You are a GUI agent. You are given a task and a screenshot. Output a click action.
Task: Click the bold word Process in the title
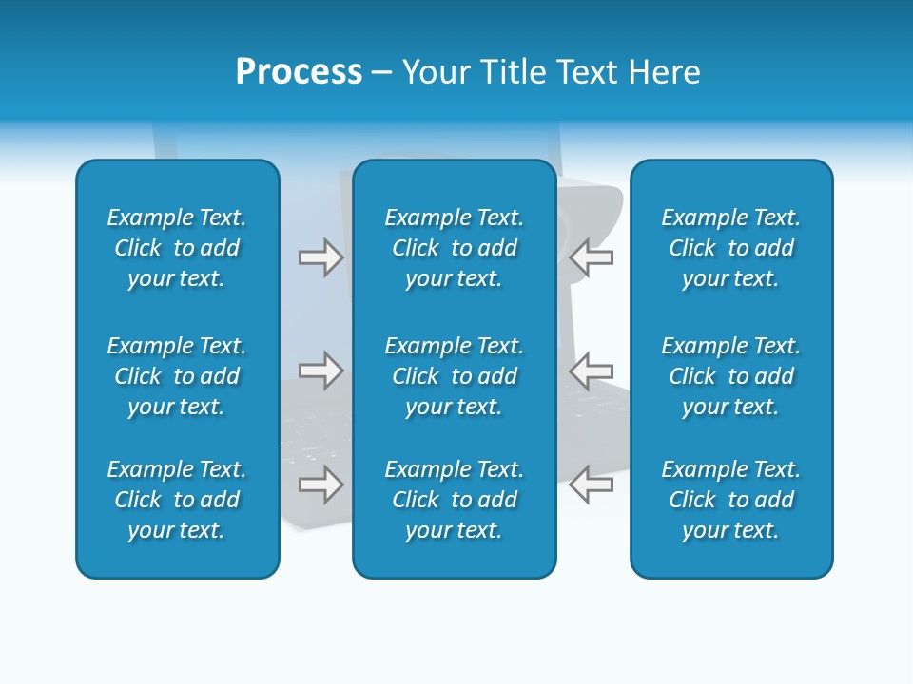point(299,72)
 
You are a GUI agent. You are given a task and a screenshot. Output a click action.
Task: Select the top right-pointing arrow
point(321,257)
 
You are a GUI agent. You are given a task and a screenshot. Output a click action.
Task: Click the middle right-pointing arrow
point(321,370)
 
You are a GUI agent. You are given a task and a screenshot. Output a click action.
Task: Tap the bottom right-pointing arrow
point(321,484)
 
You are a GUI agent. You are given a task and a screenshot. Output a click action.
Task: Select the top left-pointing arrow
point(591,257)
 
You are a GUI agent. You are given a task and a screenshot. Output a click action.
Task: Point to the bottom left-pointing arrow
point(591,484)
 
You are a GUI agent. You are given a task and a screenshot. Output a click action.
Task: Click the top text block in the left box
point(177,248)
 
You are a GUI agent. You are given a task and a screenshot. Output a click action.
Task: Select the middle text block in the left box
point(177,376)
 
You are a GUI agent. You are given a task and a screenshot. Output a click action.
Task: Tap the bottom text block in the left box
point(177,500)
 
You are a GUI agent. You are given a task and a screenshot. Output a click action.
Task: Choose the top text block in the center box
point(455,248)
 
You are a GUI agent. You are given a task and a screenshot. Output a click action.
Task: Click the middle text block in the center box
point(455,376)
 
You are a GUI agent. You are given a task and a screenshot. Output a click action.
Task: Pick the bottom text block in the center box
point(455,500)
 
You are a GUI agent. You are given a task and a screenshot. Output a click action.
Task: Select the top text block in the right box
point(731,248)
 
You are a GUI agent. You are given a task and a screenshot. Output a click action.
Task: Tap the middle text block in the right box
point(731,376)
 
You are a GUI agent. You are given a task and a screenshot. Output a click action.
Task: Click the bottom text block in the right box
point(731,500)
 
